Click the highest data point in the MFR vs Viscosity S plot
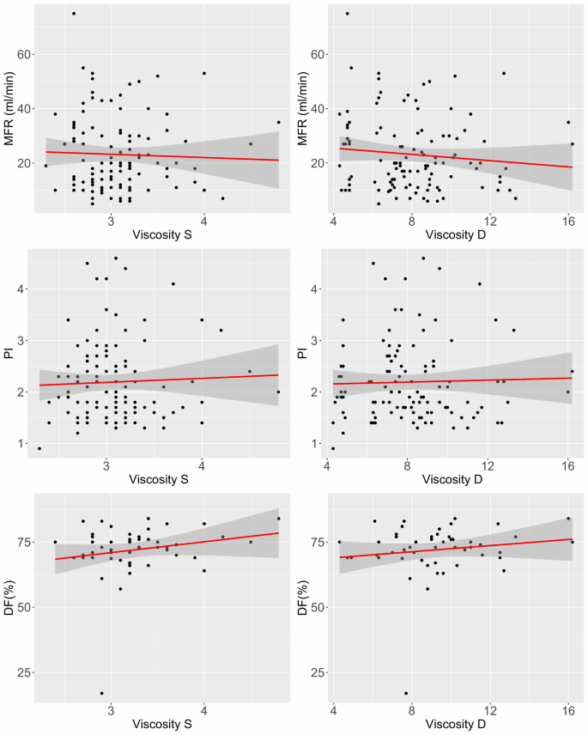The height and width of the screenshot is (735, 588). pyautogui.click(x=74, y=14)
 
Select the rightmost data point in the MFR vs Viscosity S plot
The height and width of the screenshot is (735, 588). pyautogui.click(x=278, y=122)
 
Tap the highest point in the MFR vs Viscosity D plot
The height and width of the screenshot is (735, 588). pyautogui.click(x=347, y=14)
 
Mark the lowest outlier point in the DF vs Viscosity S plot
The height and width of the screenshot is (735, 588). pyautogui.click(x=102, y=693)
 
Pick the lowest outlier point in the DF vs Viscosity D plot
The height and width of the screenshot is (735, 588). pyautogui.click(x=406, y=693)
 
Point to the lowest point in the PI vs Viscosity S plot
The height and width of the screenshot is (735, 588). pyautogui.click(x=39, y=448)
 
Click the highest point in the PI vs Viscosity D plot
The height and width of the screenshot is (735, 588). pyautogui.click(x=422, y=258)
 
